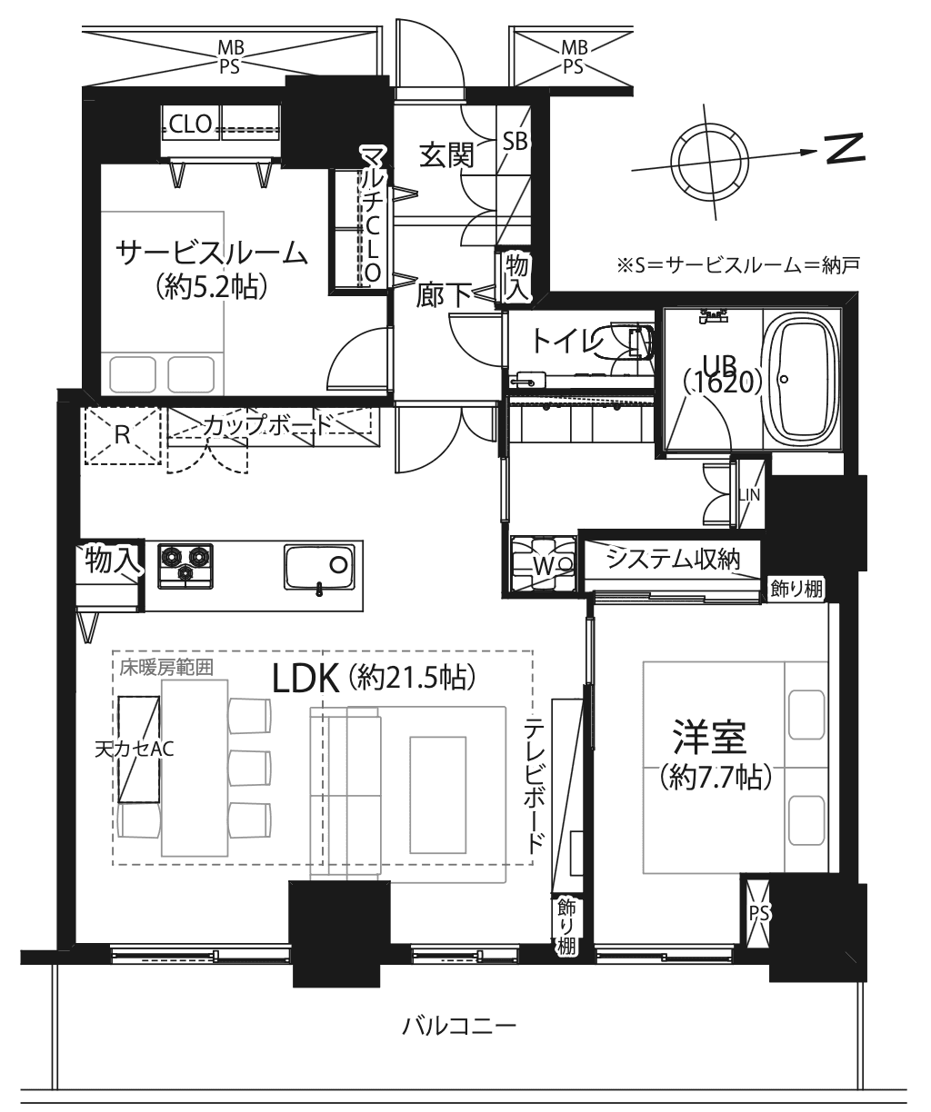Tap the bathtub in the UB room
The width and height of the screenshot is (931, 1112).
801,378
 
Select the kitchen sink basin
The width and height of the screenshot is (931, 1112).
319,566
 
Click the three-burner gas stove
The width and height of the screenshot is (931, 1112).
185,566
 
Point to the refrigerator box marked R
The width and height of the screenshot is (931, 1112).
123,436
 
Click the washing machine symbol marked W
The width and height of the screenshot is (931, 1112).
543,564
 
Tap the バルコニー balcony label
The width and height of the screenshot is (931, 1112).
459,1026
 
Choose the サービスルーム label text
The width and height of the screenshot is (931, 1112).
211,254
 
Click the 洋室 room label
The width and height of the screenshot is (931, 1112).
709,737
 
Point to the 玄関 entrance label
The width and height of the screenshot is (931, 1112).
446,155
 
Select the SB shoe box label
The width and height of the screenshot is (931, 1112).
515,142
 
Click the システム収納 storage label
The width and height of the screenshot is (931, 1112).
673,559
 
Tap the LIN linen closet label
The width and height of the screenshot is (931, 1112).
749,495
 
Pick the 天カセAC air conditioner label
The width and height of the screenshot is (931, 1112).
135,749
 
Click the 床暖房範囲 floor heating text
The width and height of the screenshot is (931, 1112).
166,668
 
